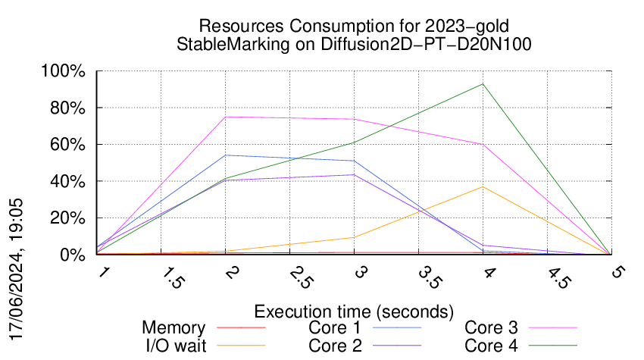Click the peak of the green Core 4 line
(483, 84)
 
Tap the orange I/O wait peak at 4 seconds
(483, 186)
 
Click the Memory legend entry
(174, 328)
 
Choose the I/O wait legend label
(168, 345)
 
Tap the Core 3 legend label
(491, 328)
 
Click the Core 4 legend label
(491, 345)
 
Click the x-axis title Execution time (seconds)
(354, 311)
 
